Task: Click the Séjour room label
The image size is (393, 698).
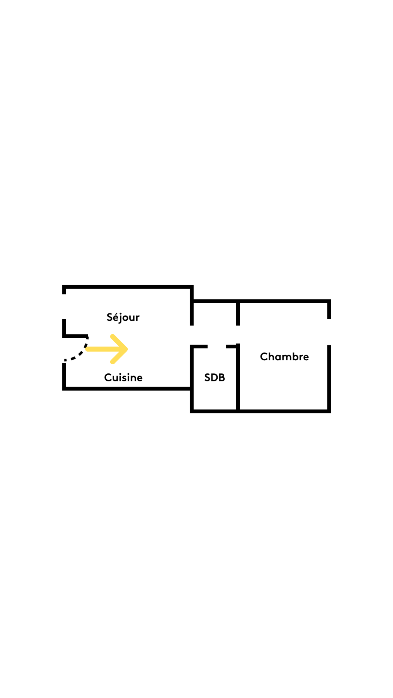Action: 123,317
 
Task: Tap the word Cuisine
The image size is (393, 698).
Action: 123,377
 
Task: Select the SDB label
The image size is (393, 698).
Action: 214,377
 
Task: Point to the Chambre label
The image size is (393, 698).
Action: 284,357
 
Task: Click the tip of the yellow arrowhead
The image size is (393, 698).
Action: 127,349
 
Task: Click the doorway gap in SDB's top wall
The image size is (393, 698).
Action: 217,346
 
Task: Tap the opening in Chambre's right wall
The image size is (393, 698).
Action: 329,332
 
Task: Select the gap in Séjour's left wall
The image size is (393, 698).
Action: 64,306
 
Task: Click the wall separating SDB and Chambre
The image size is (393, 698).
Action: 238,378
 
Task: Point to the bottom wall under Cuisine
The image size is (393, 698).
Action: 127,389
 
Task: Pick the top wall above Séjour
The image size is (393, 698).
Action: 127,287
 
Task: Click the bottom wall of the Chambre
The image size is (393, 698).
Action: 284,411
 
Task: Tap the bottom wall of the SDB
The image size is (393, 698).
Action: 215,411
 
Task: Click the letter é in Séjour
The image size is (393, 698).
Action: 115,317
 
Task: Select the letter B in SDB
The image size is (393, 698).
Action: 222,377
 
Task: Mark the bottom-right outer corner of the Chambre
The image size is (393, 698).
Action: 329,412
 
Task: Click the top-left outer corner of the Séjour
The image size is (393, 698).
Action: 64,286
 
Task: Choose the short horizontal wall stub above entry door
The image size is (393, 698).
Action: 76,336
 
